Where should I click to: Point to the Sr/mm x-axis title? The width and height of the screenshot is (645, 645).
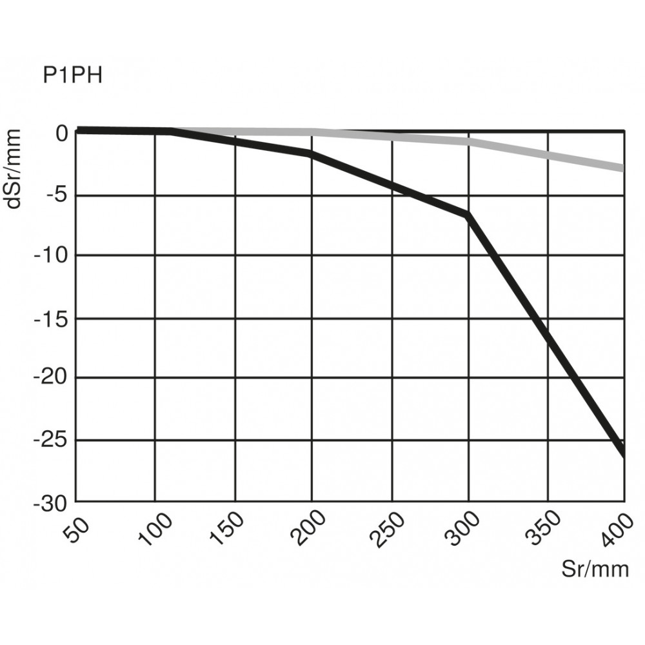point(593,570)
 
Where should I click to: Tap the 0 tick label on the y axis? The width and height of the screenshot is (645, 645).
point(61,134)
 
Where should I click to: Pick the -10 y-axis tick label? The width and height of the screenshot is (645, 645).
point(52,255)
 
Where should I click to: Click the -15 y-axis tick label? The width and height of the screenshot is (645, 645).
point(52,318)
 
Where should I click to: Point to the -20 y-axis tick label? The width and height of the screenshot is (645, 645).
point(52,378)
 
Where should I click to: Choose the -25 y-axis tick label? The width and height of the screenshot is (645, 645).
point(52,441)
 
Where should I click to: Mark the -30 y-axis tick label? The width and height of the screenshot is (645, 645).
point(52,502)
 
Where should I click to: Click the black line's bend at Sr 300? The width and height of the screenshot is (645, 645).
point(468,214)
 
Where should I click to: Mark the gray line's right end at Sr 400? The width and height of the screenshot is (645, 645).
point(623,168)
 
